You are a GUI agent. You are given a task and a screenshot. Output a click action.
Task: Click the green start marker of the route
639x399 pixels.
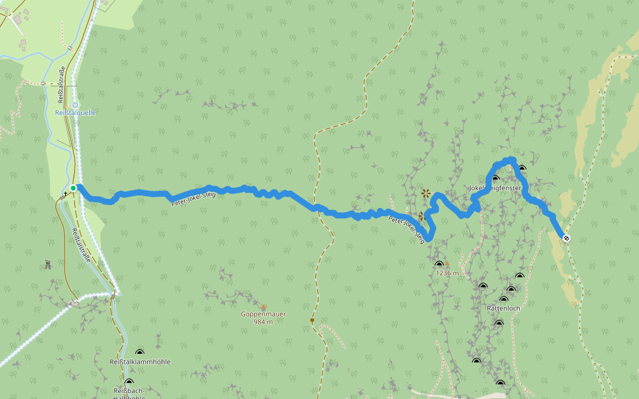pyautogui.click(x=73, y=188)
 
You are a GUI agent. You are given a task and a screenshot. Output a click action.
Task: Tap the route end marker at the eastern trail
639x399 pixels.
pyautogui.click(x=566, y=238)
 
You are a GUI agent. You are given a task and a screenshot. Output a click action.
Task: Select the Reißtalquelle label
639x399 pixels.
pyautogui.click(x=75, y=113)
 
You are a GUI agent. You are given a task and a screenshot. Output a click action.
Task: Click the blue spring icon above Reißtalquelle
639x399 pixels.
pyautogui.click(x=75, y=104)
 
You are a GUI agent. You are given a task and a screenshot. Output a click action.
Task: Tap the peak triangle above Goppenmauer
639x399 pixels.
pyautogui.click(x=264, y=307)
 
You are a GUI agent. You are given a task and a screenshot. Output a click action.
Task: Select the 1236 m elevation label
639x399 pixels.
pyautogui.click(x=447, y=273)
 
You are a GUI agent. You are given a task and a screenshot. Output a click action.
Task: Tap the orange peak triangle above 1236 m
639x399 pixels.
pyautogui.click(x=447, y=264)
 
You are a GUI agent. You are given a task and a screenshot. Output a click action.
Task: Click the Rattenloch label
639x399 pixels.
pyautogui.click(x=503, y=309)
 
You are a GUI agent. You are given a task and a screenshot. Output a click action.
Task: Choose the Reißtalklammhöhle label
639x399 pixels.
pyautogui.click(x=140, y=362)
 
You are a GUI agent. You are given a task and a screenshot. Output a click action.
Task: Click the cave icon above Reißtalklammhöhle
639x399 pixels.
pyautogui.click(x=140, y=352)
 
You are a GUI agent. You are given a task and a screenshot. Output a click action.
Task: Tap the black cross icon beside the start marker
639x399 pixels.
pyautogui.click(x=65, y=194)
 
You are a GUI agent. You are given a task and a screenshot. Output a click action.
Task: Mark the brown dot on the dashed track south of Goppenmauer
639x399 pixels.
pyautogui.click(x=312, y=321)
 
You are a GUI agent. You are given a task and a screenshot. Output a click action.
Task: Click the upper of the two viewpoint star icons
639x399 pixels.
pyautogui.click(x=425, y=193)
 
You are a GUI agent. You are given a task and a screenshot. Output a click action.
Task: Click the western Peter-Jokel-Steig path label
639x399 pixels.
pyautogui.click(x=193, y=199)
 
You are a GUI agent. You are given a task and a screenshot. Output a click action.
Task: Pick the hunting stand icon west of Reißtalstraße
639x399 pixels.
pyautogui.click(x=48, y=265)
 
